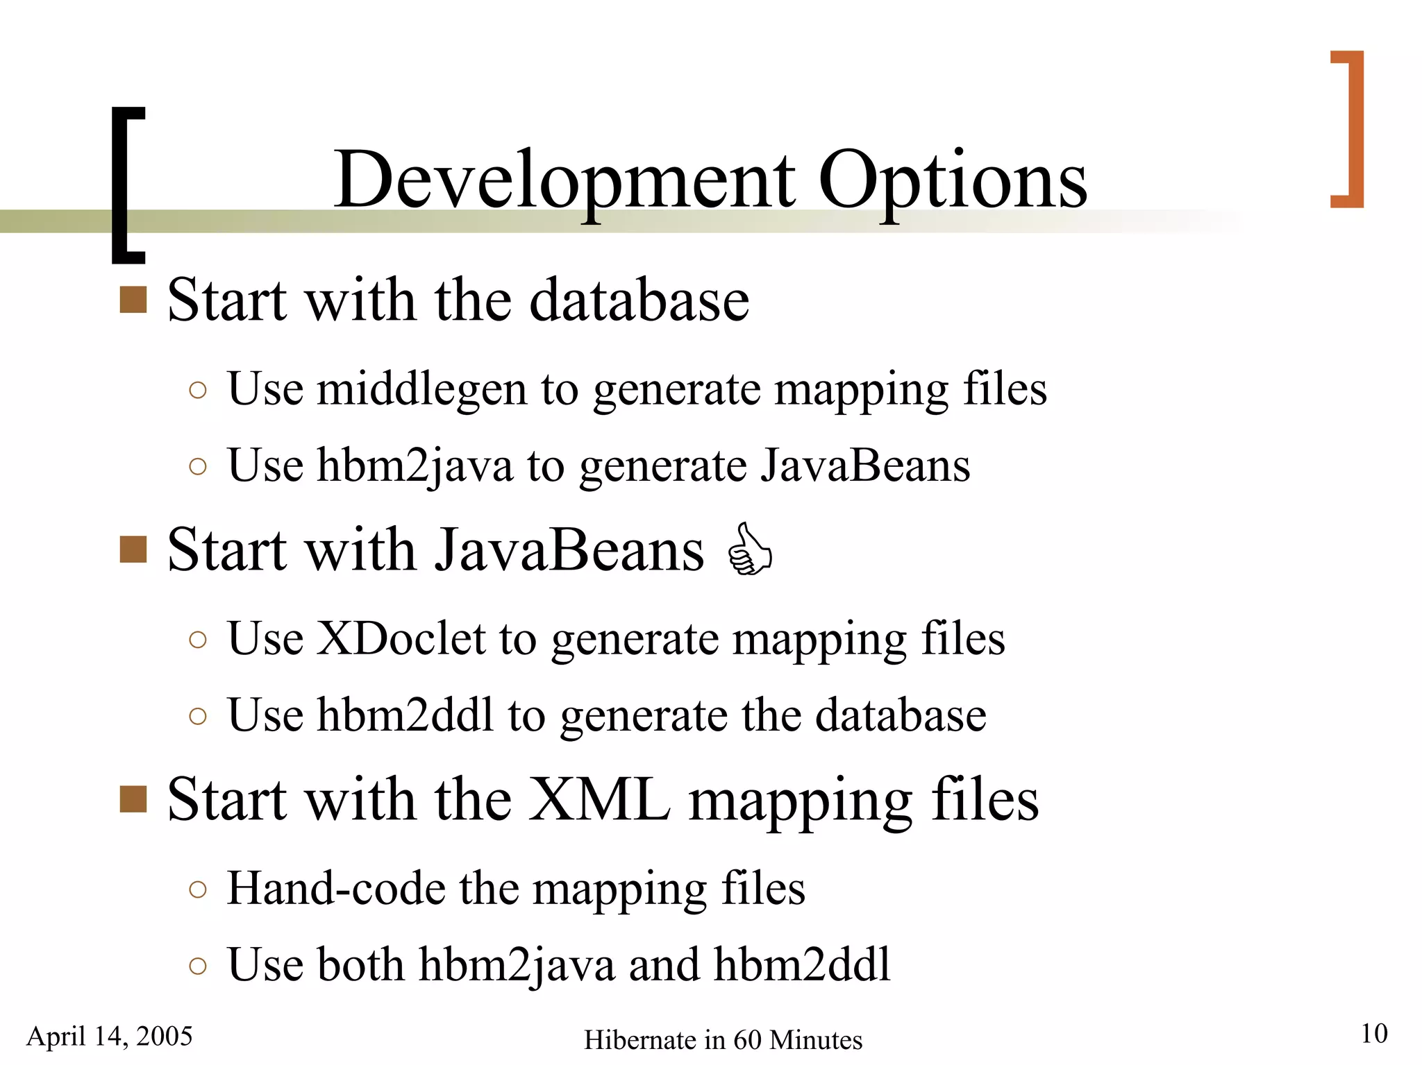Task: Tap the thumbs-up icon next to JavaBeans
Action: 749,549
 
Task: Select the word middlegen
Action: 421,390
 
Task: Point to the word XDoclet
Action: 401,638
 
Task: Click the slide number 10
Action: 1373,1033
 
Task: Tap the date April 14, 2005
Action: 110,1036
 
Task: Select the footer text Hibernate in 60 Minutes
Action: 723,1040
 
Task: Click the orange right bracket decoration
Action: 1350,129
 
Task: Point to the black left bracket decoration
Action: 127,185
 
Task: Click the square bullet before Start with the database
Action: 133,300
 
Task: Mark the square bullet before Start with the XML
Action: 133,799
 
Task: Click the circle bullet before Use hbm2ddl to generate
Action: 198,716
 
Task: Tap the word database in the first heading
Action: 639,300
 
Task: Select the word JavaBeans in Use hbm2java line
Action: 865,466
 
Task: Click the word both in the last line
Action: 360,964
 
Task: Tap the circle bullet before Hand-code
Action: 198,889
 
